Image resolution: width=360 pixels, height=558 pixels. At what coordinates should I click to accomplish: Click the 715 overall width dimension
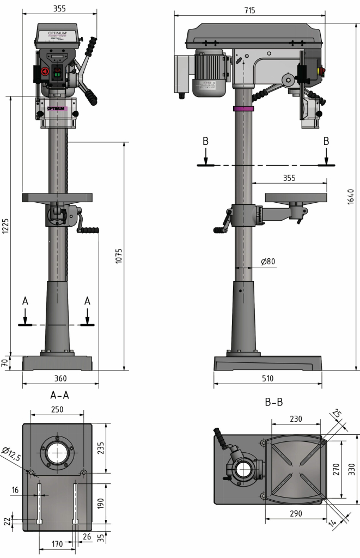pos(250,10)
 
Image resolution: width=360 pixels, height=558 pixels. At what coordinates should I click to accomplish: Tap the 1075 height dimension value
pos(119,256)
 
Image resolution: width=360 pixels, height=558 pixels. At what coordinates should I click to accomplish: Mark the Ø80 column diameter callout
pos(268,262)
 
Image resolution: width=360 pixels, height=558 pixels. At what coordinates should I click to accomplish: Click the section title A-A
pos(59,395)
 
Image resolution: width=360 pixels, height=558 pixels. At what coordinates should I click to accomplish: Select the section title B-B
pos(273,403)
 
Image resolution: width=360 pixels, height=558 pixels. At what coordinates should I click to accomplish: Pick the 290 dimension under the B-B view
pos(296,514)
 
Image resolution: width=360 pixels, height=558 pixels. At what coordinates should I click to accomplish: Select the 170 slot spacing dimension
pos(57,543)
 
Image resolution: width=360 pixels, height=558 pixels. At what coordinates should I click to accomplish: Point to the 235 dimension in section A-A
pos(101,447)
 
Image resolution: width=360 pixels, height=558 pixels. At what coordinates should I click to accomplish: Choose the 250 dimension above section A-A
pos(57,409)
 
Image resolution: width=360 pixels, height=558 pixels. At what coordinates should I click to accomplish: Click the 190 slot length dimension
pos(101,503)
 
